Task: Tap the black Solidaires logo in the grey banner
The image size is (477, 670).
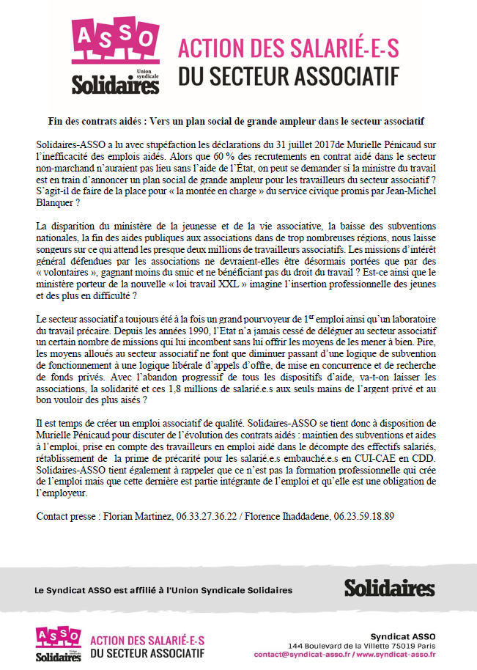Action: coord(389,588)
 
